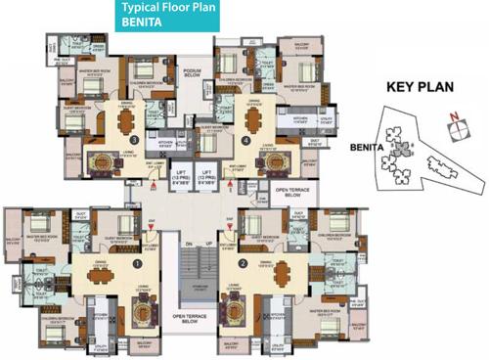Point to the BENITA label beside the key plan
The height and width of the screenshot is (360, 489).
(x=363, y=149)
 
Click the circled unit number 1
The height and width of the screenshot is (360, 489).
(x=137, y=261)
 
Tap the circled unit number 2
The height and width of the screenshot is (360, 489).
(x=241, y=261)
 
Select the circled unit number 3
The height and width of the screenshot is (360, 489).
(x=132, y=140)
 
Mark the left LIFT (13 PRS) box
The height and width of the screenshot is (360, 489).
(x=177, y=178)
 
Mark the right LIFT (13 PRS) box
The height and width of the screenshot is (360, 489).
(x=207, y=178)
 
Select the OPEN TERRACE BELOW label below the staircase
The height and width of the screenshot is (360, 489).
(x=192, y=319)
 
